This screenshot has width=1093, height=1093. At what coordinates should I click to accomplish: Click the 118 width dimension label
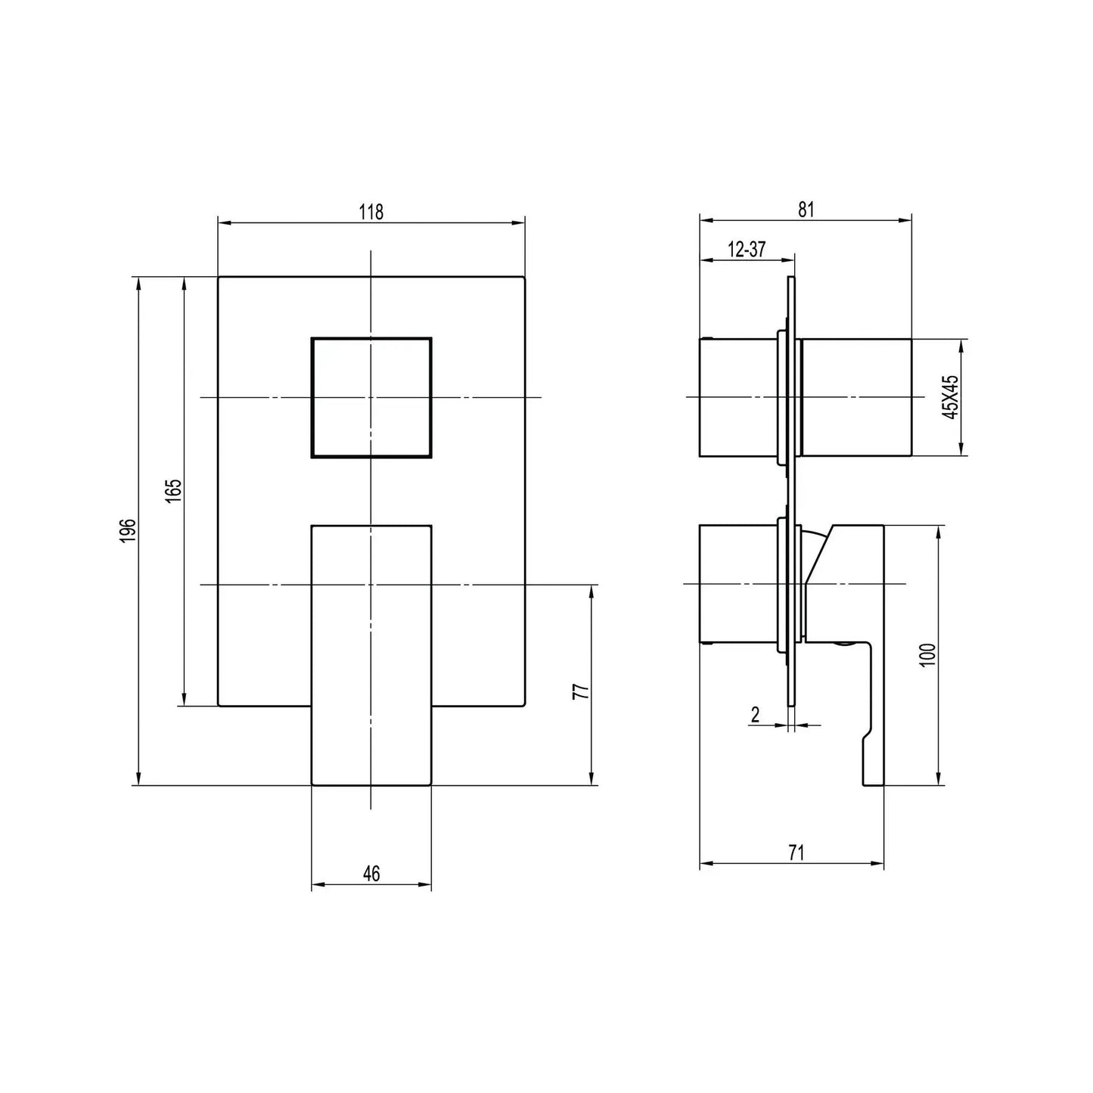coord(371,212)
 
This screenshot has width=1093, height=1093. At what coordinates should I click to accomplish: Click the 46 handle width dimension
coord(371,874)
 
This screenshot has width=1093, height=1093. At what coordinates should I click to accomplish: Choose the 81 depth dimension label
coord(806,210)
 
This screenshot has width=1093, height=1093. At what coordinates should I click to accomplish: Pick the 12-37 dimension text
coord(747,250)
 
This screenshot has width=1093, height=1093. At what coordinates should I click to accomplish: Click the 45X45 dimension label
coord(952,396)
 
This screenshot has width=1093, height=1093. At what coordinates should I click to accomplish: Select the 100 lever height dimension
coord(929,654)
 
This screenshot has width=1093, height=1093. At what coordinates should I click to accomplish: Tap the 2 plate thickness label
coord(755,715)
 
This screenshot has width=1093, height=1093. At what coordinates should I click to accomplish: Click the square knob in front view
coord(371,398)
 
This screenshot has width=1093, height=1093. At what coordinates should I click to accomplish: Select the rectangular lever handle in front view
coord(371,655)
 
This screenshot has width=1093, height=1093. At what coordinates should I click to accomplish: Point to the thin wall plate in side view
coord(791,492)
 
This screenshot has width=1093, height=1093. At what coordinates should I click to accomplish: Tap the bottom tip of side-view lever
coord(873,779)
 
